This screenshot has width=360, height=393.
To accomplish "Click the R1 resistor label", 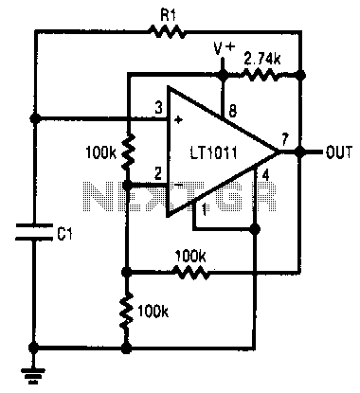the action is click(168, 15).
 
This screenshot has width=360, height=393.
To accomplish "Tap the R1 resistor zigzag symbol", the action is click(167, 31).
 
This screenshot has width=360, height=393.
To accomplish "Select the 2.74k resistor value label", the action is click(262, 59).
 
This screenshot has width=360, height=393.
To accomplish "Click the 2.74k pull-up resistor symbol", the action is click(262, 76).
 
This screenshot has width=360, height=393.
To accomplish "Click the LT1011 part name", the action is click(214, 153).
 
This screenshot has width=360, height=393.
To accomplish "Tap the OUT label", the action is click(338, 152).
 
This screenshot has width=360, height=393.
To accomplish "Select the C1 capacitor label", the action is click(65, 234).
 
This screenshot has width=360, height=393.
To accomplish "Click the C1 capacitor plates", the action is click(34, 232).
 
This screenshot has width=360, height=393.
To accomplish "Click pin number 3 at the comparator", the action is click(158, 108).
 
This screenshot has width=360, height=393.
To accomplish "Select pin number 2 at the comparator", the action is click(158, 174).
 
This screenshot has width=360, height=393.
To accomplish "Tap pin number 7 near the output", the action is click(285, 138).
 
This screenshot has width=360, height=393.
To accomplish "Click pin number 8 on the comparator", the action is click(232, 111).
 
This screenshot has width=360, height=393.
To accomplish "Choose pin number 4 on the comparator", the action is click(265, 175).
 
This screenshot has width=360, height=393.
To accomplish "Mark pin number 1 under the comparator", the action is click(205, 209).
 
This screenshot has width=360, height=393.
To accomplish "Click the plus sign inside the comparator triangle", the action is click(179, 120).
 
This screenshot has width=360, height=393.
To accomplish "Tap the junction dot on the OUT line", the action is click(301, 152).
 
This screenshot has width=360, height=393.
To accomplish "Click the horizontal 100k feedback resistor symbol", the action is click(192, 272).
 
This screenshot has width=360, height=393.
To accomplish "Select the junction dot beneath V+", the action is click(223, 75).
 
